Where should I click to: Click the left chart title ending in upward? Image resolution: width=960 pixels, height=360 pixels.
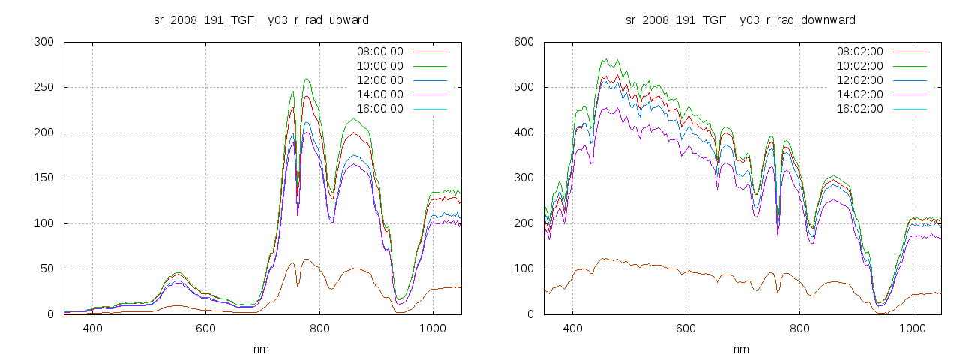[261, 19]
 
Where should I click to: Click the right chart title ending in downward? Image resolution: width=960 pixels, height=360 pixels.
[740, 19]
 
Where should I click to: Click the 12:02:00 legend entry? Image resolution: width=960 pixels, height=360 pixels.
[859, 80]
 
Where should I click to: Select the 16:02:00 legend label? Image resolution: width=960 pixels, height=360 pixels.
[859, 109]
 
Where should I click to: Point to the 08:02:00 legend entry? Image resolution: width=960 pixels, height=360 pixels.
[859, 52]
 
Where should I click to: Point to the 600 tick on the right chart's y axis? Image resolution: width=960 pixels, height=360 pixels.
[523, 42]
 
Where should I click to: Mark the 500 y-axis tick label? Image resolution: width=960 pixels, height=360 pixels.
[523, 88]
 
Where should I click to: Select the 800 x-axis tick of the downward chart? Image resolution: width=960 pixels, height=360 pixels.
[799, 328]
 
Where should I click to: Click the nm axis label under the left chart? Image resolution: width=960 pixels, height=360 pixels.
[262, 349]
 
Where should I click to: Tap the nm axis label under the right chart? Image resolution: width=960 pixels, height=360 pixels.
[741, 349]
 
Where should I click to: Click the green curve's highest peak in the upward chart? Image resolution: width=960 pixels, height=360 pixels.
[307, 79]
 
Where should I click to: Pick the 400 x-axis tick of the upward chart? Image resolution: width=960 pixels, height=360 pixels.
[93, 328]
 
